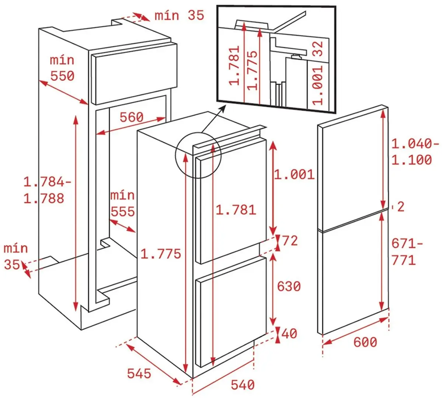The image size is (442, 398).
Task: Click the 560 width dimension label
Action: [132, 117]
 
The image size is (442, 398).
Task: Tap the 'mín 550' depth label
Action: [62, 68]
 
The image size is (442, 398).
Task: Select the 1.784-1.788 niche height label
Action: [47, 190]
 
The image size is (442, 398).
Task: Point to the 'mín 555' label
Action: [123, 203]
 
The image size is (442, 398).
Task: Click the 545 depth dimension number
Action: [139, 373]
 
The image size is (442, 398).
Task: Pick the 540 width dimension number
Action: [243, 385]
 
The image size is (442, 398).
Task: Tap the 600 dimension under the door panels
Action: [365, 342]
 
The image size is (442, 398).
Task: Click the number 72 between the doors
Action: [290, 241]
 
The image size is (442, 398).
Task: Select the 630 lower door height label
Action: [289, 286]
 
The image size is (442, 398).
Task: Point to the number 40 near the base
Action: [289, 334]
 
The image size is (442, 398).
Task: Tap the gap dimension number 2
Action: [401, 207]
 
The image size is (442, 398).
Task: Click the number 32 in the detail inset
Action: [318, 49]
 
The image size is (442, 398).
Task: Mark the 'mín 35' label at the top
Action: [179, 15]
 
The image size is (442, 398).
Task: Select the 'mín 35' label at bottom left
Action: [16, 256]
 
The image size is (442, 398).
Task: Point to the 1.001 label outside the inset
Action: [294, 174]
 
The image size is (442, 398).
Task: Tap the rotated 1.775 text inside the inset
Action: [252, 70]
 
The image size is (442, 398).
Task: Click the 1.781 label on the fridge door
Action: [236, 210]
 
